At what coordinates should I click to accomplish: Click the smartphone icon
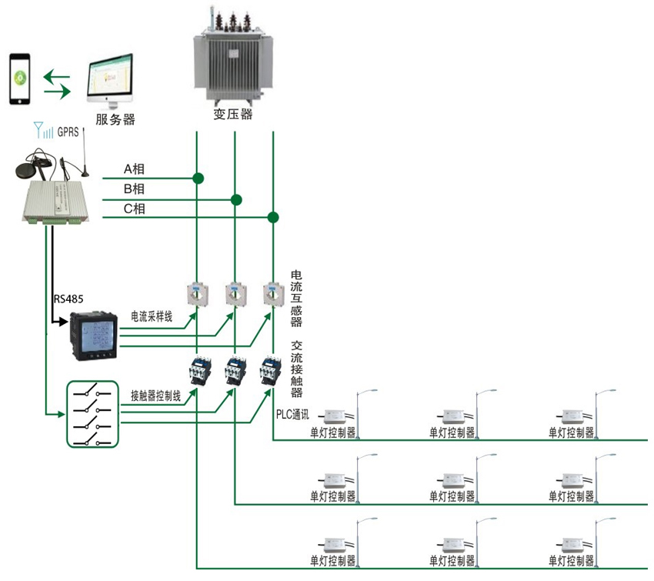[19, 78]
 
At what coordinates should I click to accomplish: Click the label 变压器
[233, 115]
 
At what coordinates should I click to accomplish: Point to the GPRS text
[68, 132]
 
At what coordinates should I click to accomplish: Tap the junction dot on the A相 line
[198, 179]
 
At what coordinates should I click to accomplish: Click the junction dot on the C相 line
[272, 218]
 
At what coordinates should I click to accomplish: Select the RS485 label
[70, 298]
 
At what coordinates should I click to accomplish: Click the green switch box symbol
[92, 413]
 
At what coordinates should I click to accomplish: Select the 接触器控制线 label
[155, 396]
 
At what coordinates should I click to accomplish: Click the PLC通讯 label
[292, 413]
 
